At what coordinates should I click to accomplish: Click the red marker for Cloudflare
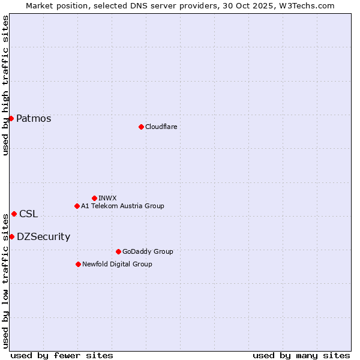click(141, 127)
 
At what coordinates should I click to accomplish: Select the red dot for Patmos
click(11, 118)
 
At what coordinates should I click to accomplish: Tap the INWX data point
click(94, 198)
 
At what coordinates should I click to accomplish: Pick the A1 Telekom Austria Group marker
click(77, 206)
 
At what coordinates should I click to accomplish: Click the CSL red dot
click(14, 214)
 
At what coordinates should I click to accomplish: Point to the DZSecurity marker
click(11, 236)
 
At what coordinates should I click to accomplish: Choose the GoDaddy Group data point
click(118, 251)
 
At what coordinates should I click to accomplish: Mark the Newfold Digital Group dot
click(78, 264)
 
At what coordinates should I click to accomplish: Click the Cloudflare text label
click(161, 127)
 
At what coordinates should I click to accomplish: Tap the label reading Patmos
click(34, 118)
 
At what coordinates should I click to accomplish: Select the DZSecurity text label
click(43, 236)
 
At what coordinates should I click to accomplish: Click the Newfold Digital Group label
click(117, 264)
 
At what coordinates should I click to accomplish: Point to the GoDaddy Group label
click(148, 251)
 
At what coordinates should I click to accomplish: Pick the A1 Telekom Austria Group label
click(122, 206)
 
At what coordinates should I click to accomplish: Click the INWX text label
click(107, 198)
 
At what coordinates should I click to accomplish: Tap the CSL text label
click(28, 214)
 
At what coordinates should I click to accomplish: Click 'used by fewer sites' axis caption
click(62, 355)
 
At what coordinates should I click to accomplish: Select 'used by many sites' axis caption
click(301, 355)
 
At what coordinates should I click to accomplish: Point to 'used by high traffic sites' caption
click(5, 85)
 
